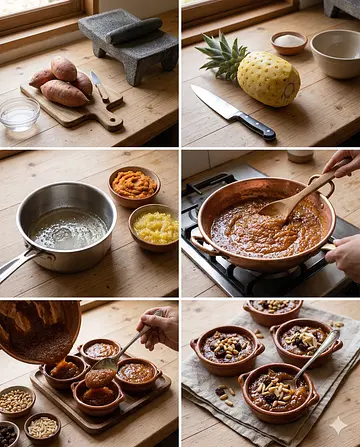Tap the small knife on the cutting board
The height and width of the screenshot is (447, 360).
pos(102,89)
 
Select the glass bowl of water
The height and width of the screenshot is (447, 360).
pos(19,112)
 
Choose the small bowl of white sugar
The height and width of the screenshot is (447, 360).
pos(289,42)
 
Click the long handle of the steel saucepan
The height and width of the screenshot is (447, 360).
pos(14,264)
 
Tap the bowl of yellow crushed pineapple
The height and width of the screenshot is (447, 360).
pos(154,227)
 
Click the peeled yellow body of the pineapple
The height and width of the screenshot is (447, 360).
pos(268,79)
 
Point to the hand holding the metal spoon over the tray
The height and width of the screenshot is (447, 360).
pos(160,325)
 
